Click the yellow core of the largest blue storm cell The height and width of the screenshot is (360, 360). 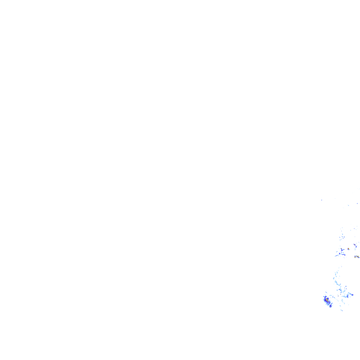(x=327, y=300)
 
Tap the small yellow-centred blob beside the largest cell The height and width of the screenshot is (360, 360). (x=330, y=306)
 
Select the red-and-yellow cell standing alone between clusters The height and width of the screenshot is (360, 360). (x=348, y=249)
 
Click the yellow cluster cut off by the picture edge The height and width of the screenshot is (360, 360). (x=356, y=257)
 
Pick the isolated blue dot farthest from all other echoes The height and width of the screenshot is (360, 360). (x=321, y=200)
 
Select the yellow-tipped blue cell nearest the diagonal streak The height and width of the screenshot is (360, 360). (x=341, y=249)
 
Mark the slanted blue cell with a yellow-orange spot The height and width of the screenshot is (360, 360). (x=355, y=245)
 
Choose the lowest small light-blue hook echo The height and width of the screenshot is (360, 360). (x=341, y=310)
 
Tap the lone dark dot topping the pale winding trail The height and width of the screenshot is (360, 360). (x=341, y=266)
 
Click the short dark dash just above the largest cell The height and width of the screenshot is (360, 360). (x=326, y=292)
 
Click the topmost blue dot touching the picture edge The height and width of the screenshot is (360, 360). (x=357, y=203)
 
